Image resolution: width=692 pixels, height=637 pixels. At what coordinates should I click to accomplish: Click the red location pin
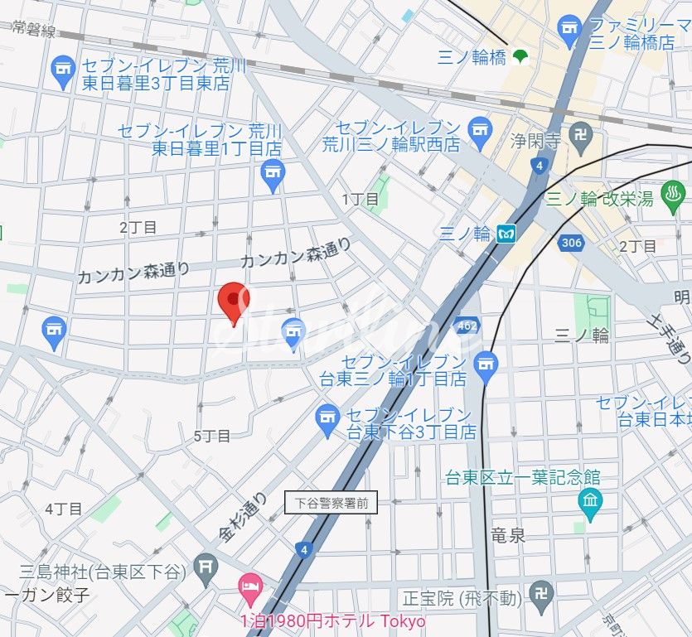pyautogui.click(x=234, y=300)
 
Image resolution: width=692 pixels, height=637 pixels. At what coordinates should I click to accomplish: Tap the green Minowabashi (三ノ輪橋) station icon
pyautogui.click(x=521, y=57)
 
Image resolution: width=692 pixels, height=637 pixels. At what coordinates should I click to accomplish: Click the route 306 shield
pyautogui.click(x=570, y=242)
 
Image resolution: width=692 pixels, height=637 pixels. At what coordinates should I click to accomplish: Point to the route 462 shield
pyautogui.click(x=467, y=326)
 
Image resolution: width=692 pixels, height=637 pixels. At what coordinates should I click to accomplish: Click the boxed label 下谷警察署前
pyautogui.click(x=331, y=502)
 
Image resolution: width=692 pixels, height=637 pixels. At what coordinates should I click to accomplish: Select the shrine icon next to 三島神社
pyautogui.click(x=205, y=568)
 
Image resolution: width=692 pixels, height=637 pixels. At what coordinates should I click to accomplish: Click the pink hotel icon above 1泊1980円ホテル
pyautogui.click(x=249, y=589)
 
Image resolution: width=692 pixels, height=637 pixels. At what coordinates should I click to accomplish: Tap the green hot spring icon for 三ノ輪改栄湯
pyautogui.click(x=673, y=200)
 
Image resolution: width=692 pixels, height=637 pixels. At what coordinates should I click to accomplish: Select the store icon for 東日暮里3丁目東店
pyautogui.click(x=63, y=73)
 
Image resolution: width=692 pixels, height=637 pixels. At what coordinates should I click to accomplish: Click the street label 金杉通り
pyautogui.click(x=244, y=518)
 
